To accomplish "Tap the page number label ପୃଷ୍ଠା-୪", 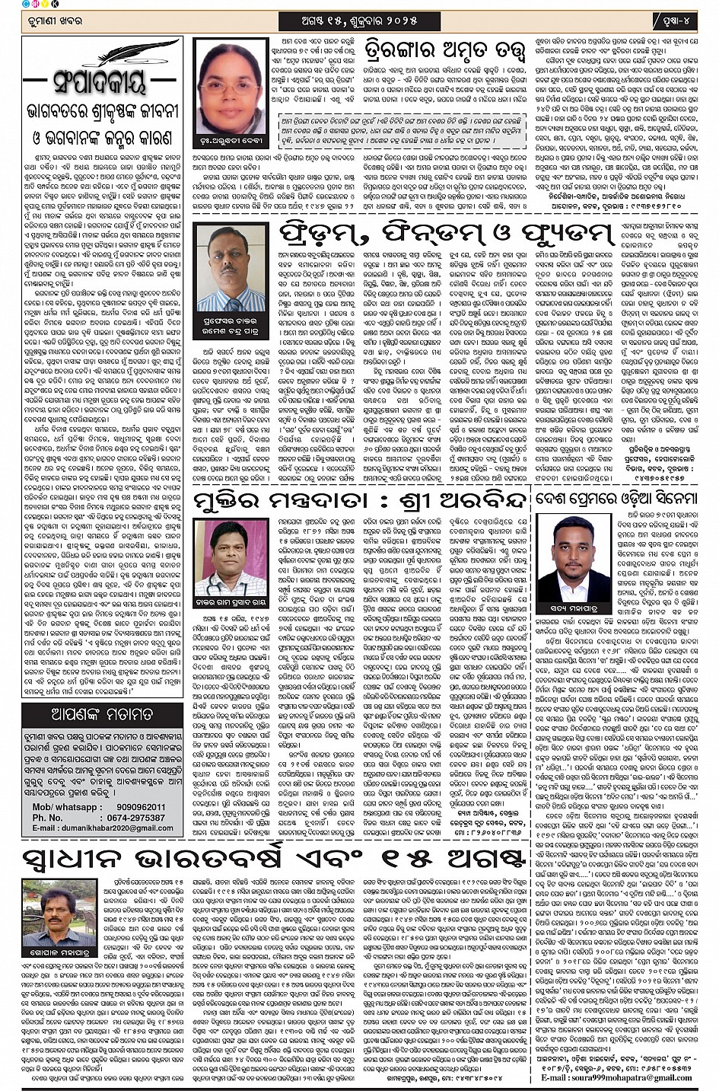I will pyautogui.click(x=673, y=18).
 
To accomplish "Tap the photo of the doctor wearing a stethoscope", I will pyautogui.click(x=231, y=556).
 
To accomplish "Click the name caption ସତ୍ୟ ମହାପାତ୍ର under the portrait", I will pyautogui.click(x=574, y=608).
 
